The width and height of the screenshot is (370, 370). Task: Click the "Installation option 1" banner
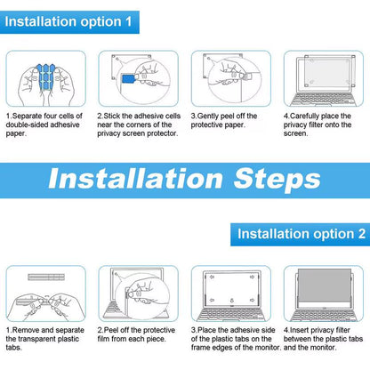(x=69, y=22)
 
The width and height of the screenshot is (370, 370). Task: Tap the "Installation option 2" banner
(x=300, y=235)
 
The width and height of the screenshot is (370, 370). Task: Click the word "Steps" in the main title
(x=277, y=180)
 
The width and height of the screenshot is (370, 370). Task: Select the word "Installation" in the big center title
(x=135, y=179)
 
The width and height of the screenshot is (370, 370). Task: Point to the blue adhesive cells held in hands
(x=45, y=77)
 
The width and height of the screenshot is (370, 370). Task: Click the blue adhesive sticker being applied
(x=128, y=79)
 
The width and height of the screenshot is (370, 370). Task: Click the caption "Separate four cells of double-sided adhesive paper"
(x=44, y=125)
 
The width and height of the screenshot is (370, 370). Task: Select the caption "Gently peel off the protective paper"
(x=224, y=120)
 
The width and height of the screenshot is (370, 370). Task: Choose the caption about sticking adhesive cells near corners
(x=139, y=125)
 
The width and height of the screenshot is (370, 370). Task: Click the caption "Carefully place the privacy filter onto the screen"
(x=318, y=125)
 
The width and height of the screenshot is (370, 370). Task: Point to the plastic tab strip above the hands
(x=46, y=277)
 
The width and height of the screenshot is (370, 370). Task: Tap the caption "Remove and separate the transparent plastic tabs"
(x=45, y=339)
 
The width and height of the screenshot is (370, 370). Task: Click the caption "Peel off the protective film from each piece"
(x=136, y=334)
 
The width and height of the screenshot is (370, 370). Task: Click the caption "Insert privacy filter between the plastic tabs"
(x=323, y=339)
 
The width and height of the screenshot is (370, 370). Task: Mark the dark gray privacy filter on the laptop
(x=325, y=285)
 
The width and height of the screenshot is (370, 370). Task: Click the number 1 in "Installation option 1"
(x=128, y=22)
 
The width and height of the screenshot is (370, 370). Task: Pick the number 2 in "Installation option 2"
(x=361, y=234)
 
